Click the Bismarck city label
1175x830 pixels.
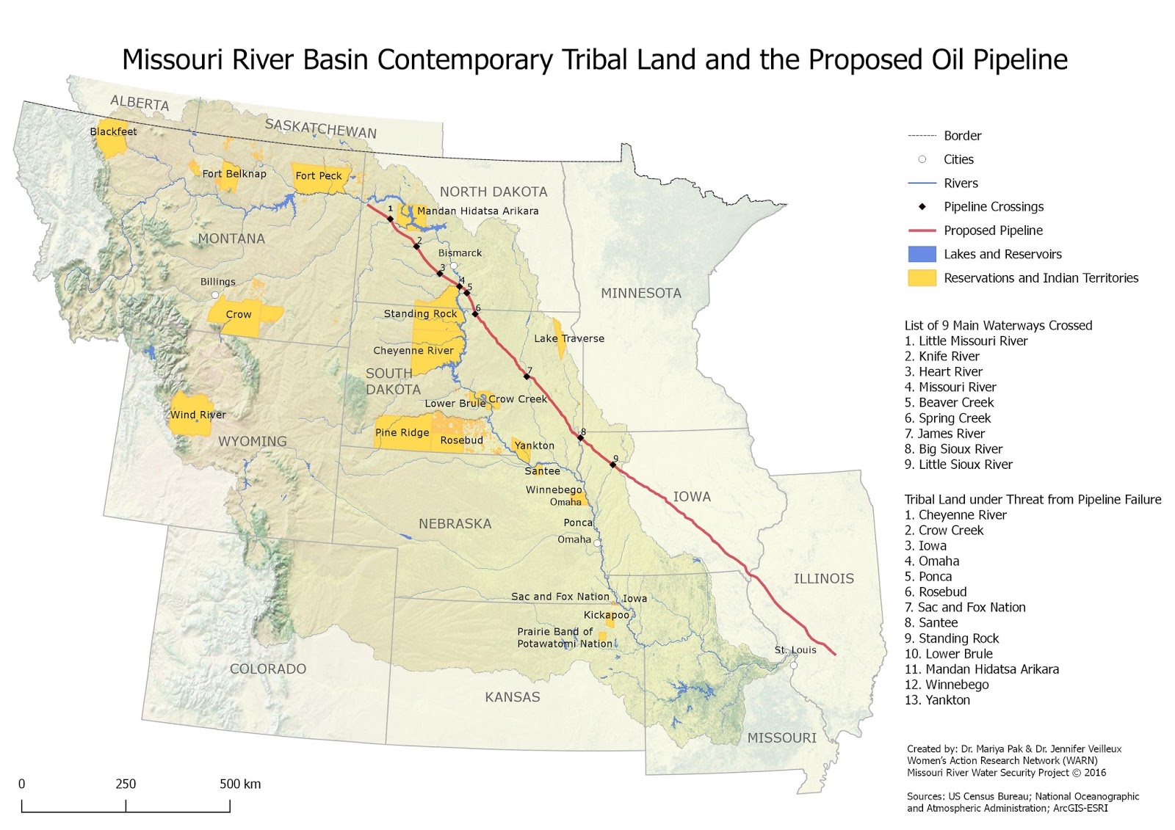[x=460, y=253]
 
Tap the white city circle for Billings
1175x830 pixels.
[x=215, y=295]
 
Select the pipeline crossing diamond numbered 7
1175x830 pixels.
[x=527, y=376]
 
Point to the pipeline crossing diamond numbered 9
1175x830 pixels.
[x=613, y=465]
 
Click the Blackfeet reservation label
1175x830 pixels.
[x=113, y=132]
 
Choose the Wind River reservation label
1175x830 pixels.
[x=198, y=415]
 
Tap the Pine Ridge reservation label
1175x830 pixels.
[x=402, y=433]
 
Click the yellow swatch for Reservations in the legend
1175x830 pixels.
[x=922, y=278]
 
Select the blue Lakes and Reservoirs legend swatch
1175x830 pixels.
[x=922, y=255]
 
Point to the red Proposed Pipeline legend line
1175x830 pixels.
[x=922, y=230]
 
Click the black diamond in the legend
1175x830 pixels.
[x=922, y=207]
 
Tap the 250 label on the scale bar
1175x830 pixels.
[x=126, y=784]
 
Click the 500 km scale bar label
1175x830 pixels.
[x=240, y=784]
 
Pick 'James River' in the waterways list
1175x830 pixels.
[x=951, y=434]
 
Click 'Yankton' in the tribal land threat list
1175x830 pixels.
[x=947, y=700]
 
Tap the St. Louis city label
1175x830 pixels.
[x=795, y=650]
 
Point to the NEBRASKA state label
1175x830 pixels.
[x=455, y=524]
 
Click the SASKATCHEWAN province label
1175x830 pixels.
[x=320, y=128]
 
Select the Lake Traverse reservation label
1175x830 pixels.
[x=569, y=338]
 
